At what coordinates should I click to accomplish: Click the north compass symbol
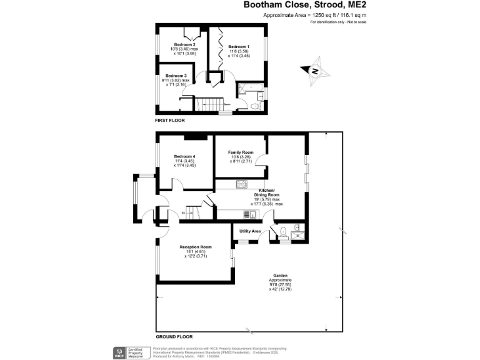(315, 71)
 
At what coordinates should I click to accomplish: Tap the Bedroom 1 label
(239, 47)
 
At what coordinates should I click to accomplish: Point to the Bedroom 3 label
(176, 76)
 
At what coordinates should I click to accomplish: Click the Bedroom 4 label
(185, 156)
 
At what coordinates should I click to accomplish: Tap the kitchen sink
(250, 214)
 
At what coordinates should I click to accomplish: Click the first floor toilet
(253, 106)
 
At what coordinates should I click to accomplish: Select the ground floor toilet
(282, 231)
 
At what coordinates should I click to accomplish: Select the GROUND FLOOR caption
(173, 336)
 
